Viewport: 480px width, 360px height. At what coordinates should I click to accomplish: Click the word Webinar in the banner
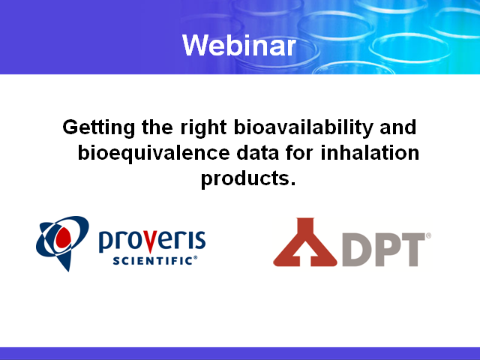coord(239,45)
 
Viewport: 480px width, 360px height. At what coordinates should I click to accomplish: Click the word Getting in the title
coord(98,128)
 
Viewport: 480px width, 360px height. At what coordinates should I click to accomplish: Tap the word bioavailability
coord(303,128)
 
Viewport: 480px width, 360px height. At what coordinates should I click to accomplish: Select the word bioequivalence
coord(154,153)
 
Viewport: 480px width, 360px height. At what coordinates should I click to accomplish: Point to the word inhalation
coord(370,152)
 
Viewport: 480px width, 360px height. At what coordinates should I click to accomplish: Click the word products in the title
coord(245,178)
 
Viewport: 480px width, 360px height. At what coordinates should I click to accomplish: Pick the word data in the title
coord(258,152)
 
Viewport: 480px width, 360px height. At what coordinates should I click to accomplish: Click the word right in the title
coord(203,128)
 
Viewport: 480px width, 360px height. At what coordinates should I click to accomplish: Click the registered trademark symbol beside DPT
coord(428,235)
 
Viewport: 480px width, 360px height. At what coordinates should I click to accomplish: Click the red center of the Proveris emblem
coord(63,238)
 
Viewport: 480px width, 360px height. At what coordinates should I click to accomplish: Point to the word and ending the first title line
coord(398,127)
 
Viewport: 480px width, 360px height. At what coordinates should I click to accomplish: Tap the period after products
coord(293,183)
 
